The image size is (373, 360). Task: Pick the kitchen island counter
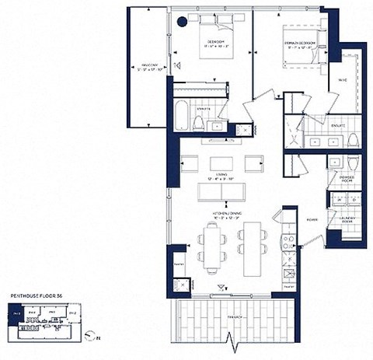point(253,247)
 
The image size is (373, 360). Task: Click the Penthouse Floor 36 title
point(37,296)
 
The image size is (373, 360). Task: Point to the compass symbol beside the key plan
point(93,335)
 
